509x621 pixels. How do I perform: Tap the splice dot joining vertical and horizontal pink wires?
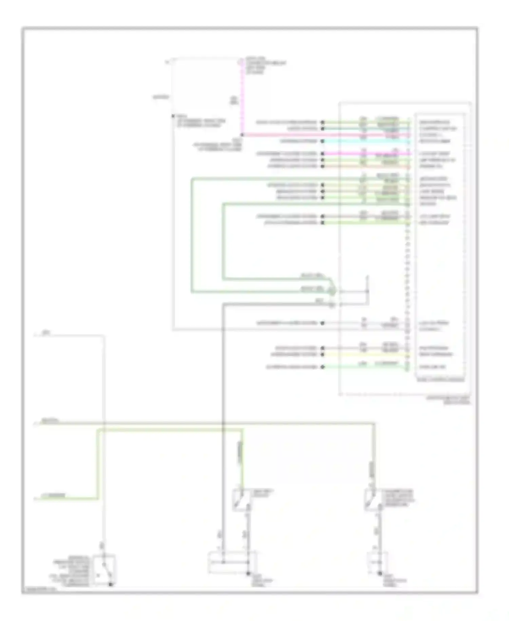pyautogui.click(x=242, y=135)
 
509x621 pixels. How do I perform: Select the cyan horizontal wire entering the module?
pyautogui.click(x=366, y=141)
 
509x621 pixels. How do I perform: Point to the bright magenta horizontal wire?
pyautogui.click(x=366, y=154)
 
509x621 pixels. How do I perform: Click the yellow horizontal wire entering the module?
pyautogui.click(x=366, y=354)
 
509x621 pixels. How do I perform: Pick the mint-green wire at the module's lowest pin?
pyautogui.click(x=366, y=367)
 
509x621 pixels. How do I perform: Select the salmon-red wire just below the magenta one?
pyautogui.click(x=366, y=166)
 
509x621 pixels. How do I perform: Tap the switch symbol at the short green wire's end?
pyautogui.click(x=242, y=500)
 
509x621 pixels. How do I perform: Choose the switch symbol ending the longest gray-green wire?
pyautogui.click(x=373, y=500)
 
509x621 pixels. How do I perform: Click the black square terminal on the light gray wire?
pyautogui.click(x=173, y=116)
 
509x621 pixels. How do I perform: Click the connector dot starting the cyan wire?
pyautogui.click(x=323, y=141)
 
